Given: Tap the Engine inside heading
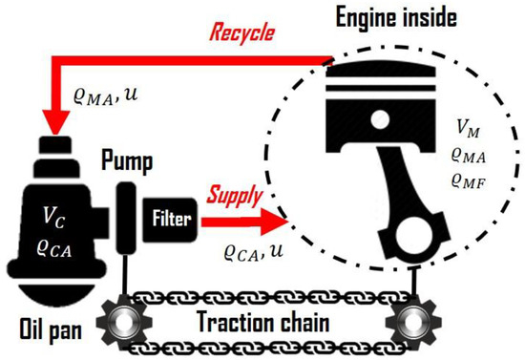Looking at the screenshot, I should tap(398, 17).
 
